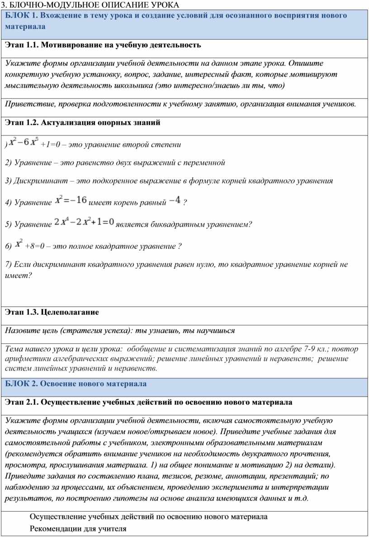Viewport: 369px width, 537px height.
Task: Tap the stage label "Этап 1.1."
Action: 22,45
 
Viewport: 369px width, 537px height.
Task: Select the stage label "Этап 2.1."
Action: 22,402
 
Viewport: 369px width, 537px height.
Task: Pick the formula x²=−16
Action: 71,200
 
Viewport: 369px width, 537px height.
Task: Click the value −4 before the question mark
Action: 175,200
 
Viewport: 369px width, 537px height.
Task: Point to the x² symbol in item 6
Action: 19,243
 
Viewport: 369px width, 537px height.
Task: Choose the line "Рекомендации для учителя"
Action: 78,528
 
